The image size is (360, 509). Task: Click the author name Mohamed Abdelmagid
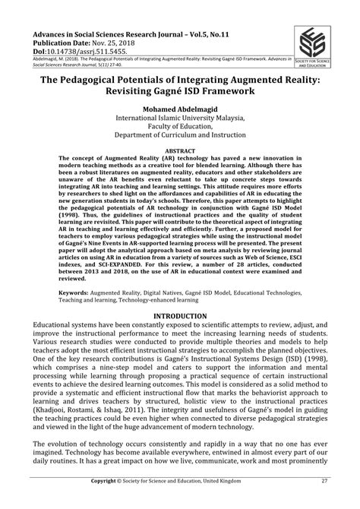[x=180, y=109]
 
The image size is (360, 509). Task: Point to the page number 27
[x=324, y=502]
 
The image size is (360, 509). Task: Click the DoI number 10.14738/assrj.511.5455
[x=82, y=53]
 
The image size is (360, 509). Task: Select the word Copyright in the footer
[x=108, y=502]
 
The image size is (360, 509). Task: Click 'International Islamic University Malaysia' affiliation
[x=180, y=119]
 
